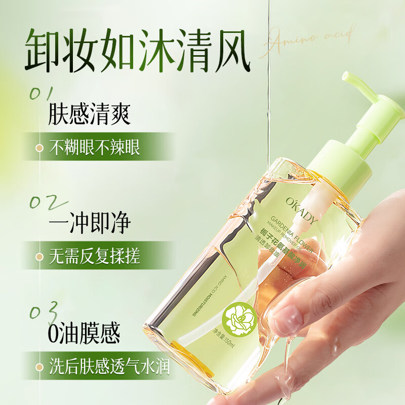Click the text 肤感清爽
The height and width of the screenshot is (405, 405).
pos(89,114)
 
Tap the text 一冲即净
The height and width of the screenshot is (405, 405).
pos(89,223)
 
